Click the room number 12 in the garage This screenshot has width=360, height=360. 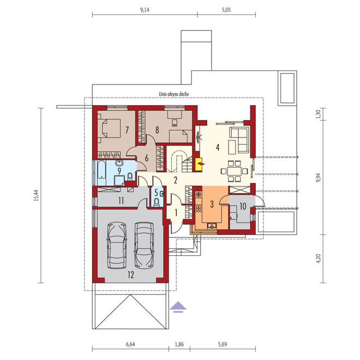[131, 274]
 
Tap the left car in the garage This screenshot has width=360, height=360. [117, 245]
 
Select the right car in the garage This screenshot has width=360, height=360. [144, 245]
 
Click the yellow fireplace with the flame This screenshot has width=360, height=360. [199, 164]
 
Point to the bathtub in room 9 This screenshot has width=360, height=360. [101, 172]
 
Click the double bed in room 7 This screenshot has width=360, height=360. [109, 128]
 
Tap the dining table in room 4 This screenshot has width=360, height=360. [234, 171]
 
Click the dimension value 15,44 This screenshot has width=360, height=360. [36, 195]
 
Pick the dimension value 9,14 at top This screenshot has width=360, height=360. [145, 10]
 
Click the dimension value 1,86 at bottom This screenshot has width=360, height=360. [179, 344]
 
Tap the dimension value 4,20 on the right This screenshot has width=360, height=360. [318, 259]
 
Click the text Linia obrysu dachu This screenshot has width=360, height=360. [174, 94]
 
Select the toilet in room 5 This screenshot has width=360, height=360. [157, 203]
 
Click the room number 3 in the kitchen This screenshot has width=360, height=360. [212, 204]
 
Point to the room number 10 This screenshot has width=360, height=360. [243, 206]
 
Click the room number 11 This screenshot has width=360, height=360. [121, 200]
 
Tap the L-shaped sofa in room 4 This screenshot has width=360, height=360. [239, 139]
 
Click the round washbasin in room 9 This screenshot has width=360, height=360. [119, 164]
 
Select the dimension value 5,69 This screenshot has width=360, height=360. [223, 344]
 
